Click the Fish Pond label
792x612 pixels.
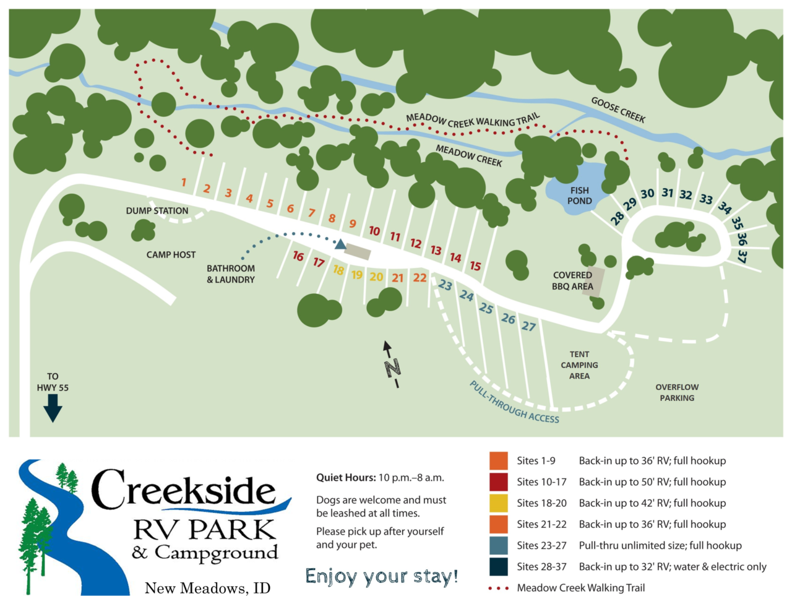click(x=579, y=196)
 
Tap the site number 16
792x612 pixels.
click(x=298, y=256)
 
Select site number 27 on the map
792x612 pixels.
click(x=528, y=326)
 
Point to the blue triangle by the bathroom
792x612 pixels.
click(x=340, y=244)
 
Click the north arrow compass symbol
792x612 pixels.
click(x=391, y=364)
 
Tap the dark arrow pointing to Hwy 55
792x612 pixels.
click(x=53, y=407)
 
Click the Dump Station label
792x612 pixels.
click(x=157, y=211)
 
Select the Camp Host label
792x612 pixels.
click(x=171, y=255)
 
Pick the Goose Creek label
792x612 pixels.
click(x=618, y=110)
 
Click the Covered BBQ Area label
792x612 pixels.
click(x=572, y=281)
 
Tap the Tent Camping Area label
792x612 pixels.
click(x=579, y=365)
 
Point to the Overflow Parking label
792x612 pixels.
click(x=677, y=392)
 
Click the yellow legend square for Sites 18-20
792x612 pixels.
click(x=498, y=503)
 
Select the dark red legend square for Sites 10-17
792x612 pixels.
click(x=498, y=482)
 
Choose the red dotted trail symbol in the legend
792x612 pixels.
click(x=498, y=588)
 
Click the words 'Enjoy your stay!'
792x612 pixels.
click(x=382, y=577)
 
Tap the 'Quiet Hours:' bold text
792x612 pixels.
click(x=346, y=478)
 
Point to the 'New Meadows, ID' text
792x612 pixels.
click(x=207, y=588)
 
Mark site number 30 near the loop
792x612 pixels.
click(x=647, y=194)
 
